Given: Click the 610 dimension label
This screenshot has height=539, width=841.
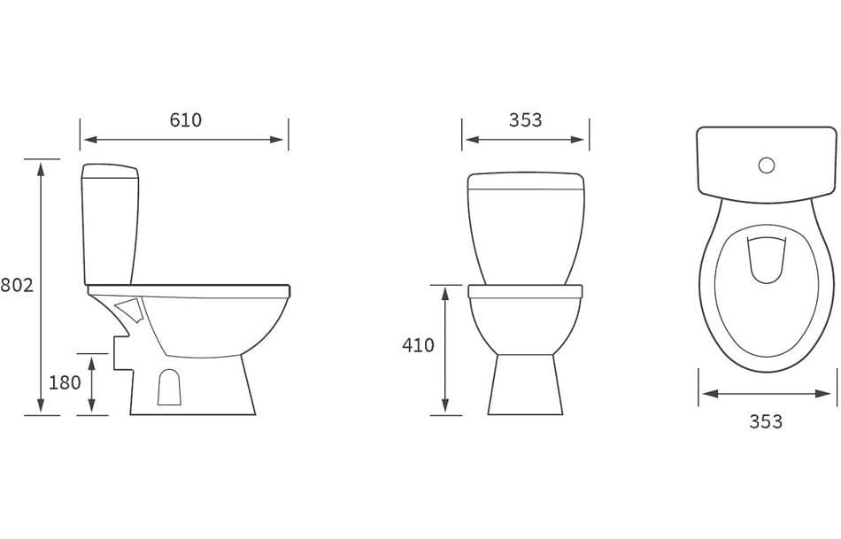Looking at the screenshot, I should [185, 120].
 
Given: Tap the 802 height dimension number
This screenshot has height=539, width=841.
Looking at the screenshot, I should [17, 286].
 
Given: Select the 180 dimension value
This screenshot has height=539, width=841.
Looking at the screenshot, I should [64, 383].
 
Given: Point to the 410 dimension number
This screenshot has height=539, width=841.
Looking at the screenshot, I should [418, 345].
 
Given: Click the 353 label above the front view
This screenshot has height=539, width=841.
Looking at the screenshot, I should [525, 120].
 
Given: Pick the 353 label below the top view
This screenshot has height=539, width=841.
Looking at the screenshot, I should [765, 421].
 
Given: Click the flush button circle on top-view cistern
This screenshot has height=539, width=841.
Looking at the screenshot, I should [767, 165].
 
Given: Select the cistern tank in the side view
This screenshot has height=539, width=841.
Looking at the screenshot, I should [109, 221].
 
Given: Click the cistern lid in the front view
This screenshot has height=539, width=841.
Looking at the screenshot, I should [526, 181].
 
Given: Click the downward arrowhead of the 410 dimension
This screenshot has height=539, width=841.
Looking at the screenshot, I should [445, 408].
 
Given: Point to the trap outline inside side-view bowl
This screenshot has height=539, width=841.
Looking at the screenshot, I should [130, 311].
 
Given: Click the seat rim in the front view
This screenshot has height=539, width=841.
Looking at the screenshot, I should [525, 291].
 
